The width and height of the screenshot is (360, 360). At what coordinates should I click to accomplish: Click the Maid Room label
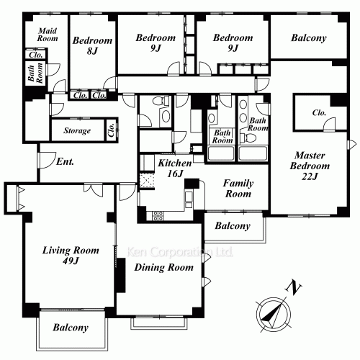click(48, 35)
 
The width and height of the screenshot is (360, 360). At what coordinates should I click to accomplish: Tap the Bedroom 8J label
click(92, 45)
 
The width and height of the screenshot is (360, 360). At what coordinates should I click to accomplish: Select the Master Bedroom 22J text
click(310, 166)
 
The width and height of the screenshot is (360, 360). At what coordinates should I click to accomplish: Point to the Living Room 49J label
click(71, 256)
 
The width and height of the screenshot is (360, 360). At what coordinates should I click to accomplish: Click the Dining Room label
click(164, 267)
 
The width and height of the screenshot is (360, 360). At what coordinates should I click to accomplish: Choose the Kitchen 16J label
click(175, 168)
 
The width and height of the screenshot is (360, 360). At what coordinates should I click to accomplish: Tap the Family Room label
click(238, 189)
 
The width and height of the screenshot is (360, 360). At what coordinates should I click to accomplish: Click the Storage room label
click(77, 130)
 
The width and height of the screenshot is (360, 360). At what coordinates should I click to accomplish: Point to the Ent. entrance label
click(65, 161)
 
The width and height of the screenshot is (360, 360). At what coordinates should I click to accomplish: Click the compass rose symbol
click(274, 315)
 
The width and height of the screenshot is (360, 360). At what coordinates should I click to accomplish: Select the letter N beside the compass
click(294, 287)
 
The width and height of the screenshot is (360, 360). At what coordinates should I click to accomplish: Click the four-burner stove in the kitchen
click(158, 216)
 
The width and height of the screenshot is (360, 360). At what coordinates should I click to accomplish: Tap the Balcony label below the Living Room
click(71, 328)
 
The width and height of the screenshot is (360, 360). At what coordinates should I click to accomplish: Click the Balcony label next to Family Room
click(233, 226)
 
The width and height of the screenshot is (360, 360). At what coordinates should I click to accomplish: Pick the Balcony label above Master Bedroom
click(309, 38)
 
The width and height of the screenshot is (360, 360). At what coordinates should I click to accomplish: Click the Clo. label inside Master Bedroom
click(319, 112)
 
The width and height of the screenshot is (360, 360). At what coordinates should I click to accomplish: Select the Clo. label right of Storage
click(111, 130)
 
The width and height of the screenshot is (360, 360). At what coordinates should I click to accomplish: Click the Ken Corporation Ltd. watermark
click(179, 252)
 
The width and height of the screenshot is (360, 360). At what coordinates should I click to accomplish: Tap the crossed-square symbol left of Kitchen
click(147, 181)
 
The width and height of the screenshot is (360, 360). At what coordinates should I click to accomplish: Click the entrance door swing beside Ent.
click(46, 160)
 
